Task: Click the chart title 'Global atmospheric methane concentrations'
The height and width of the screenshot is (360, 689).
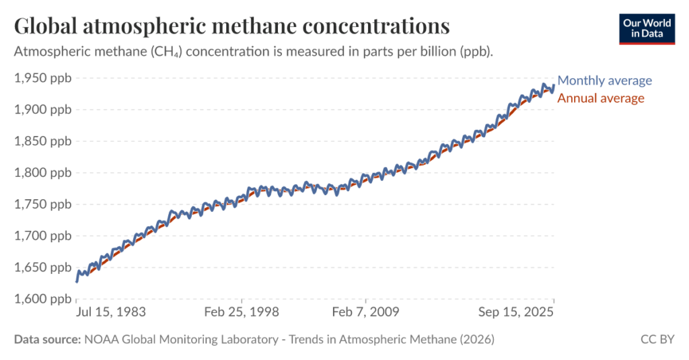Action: tap(231, 26)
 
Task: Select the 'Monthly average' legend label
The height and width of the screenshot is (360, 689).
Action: tap(605, 81)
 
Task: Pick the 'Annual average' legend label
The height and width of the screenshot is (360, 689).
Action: tap(601, 98)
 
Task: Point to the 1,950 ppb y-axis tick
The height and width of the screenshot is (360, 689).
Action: tap(42, 78)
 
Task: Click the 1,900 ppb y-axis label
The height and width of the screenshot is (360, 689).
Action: tap(42, 110)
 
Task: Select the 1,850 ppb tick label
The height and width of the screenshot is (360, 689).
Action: tap(42, 141)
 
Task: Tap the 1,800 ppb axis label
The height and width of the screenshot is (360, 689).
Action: tap(42, 173)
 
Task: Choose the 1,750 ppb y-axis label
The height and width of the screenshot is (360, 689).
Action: tap(42, 205)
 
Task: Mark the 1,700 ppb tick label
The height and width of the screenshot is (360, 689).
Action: tap(42, 236)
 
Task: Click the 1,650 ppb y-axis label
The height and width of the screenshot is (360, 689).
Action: tap(42, 268)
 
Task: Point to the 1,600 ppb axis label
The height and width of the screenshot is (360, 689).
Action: tap(42, 299)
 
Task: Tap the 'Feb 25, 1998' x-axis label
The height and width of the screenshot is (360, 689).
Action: tap(242, 312)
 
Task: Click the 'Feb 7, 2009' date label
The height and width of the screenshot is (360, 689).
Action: tap(365, 312)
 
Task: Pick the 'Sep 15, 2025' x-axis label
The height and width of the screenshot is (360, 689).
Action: tap(517, 312)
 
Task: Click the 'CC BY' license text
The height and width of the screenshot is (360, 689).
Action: tap(657, 340)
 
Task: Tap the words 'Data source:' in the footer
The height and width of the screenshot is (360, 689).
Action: tap(47, 340)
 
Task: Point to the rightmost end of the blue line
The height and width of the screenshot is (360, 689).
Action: tap(553, 86)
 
